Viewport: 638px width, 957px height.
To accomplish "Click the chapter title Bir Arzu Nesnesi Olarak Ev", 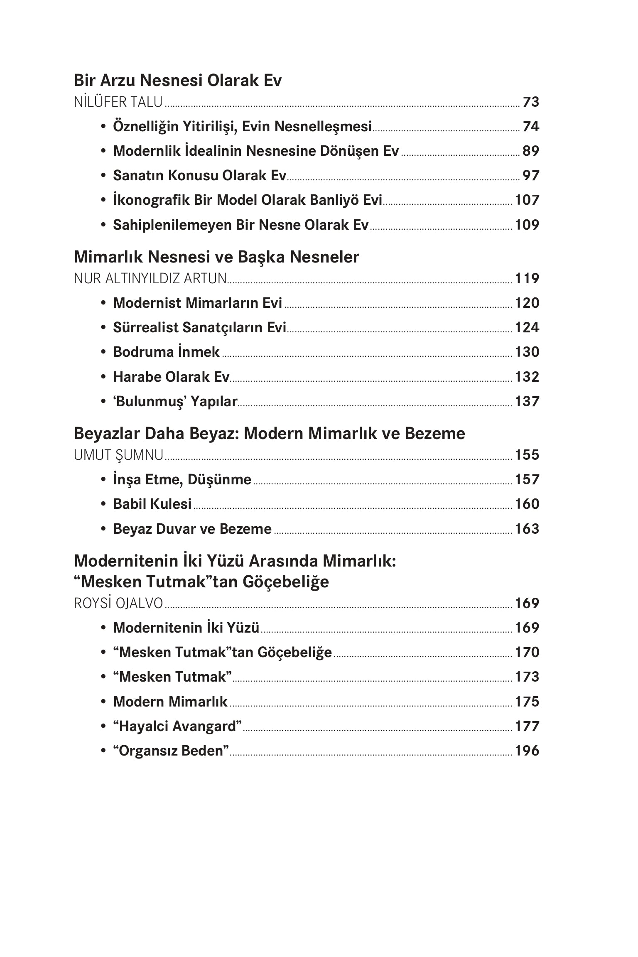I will tap(177, 80).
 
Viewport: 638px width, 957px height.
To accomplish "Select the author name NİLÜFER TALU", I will tap(118, 102).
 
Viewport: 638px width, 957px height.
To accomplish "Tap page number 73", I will tap(530, 102).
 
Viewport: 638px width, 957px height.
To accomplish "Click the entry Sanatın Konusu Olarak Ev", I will tap(199, 175).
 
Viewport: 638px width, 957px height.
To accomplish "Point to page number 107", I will tap(527, 200).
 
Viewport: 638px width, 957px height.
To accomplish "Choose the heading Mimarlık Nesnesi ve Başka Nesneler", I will tap(216, 257).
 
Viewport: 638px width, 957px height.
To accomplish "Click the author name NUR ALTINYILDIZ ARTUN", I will tap(150, 278).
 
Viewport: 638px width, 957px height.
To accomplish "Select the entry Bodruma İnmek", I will tap(166, 352).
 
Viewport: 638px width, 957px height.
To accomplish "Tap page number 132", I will tap(527, 377).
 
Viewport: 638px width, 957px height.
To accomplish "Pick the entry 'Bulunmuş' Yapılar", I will tap(175, 401).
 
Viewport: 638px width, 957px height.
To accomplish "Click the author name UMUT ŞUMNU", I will tap(118, 455).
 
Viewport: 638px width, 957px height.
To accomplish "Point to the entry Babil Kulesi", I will tap(152, 504).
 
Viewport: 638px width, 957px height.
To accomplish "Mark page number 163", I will tap(527, 529).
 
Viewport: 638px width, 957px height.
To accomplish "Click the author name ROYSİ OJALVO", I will tap(118, 603).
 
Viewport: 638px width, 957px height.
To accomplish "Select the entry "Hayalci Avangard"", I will tap(177, 726).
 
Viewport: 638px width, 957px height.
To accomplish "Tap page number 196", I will tap(527, 751).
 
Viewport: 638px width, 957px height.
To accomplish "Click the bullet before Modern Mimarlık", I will tap(103, 702).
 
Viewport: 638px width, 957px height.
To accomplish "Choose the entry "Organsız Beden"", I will tap(171, 751).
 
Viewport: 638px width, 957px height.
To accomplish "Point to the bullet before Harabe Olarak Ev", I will tap(103, 377).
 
